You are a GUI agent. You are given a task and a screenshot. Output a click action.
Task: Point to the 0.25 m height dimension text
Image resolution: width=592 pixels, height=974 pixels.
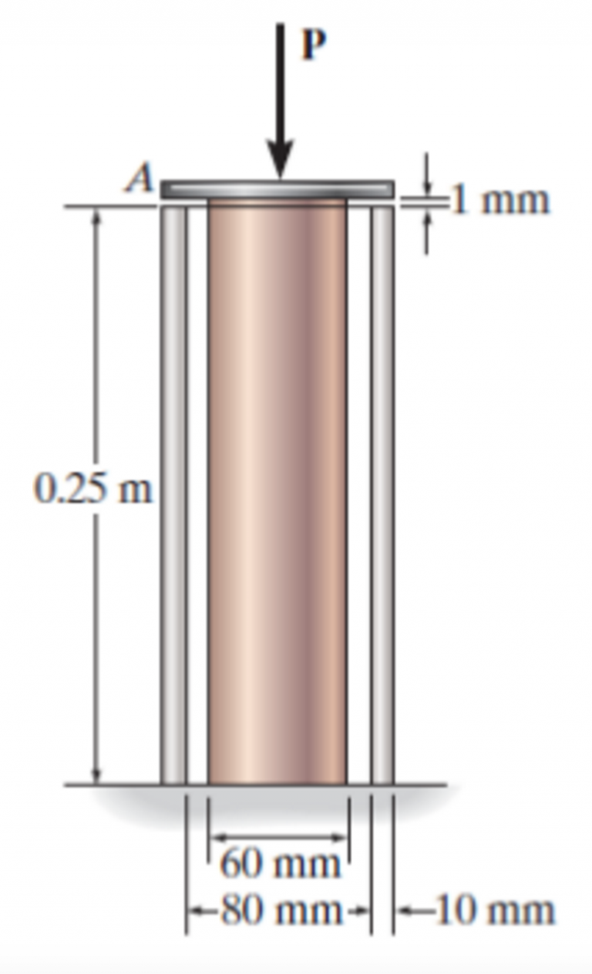pyautogui.click(x=93, y=489)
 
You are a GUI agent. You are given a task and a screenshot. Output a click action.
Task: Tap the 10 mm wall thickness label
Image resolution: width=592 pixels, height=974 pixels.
pyautogui.click(x=493, y=910)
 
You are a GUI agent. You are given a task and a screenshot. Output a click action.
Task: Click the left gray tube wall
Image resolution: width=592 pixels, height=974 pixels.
pyautogui.click(x=173, y=493)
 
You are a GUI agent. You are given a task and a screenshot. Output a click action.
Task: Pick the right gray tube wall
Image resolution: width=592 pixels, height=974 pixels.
pyautogui.click(x=382, y=493)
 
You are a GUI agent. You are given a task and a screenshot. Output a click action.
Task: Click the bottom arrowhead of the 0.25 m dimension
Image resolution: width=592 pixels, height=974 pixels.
pyautogui.click(x=96, y=775)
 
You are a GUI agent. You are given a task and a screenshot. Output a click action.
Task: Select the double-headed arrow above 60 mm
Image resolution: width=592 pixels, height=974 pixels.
pyautogui.click(x=280, y=837)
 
